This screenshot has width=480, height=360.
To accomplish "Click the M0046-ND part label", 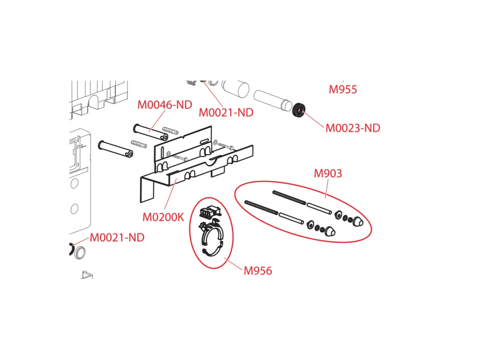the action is coord(165,105).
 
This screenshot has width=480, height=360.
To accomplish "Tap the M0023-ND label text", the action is coord(352,128).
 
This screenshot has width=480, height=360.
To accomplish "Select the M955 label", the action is coord(343,90).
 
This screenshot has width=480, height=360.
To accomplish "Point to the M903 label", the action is coord(328,173).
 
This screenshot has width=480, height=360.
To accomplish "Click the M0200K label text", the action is coord(163,217).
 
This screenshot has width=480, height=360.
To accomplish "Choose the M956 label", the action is coord(258,270).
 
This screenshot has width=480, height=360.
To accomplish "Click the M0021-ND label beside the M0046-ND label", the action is coord(226,112).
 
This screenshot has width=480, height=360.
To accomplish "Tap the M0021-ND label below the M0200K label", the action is coord(117,237).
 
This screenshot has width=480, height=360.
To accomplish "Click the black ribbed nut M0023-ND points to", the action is coord(299,110).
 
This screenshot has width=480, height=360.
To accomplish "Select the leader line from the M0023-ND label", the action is coord(313,119).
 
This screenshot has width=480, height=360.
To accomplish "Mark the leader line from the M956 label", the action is coord(233,264).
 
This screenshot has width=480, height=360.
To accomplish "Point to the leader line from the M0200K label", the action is coord(170,194).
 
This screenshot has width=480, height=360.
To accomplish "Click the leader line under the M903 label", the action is coord(327,188).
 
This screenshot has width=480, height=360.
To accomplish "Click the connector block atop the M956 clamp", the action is coord(210,212).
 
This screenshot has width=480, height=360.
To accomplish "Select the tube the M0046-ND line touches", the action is coord(150,132).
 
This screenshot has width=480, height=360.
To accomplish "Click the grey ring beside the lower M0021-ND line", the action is coord(80,252).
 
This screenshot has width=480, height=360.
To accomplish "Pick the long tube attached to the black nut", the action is coord(273,100).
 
